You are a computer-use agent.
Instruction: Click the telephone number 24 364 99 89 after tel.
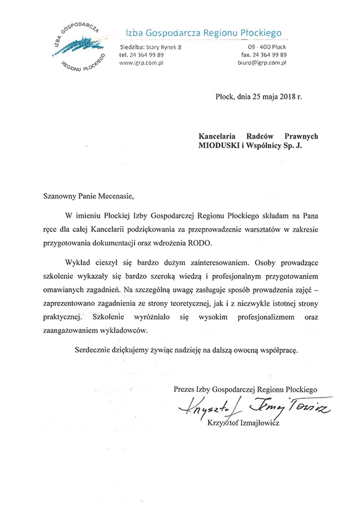pos(147,55)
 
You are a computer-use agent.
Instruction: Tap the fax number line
pos(263,55)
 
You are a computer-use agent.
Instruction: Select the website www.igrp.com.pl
pos(141,63)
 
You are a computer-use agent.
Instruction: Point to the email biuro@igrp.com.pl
pos(262,63)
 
